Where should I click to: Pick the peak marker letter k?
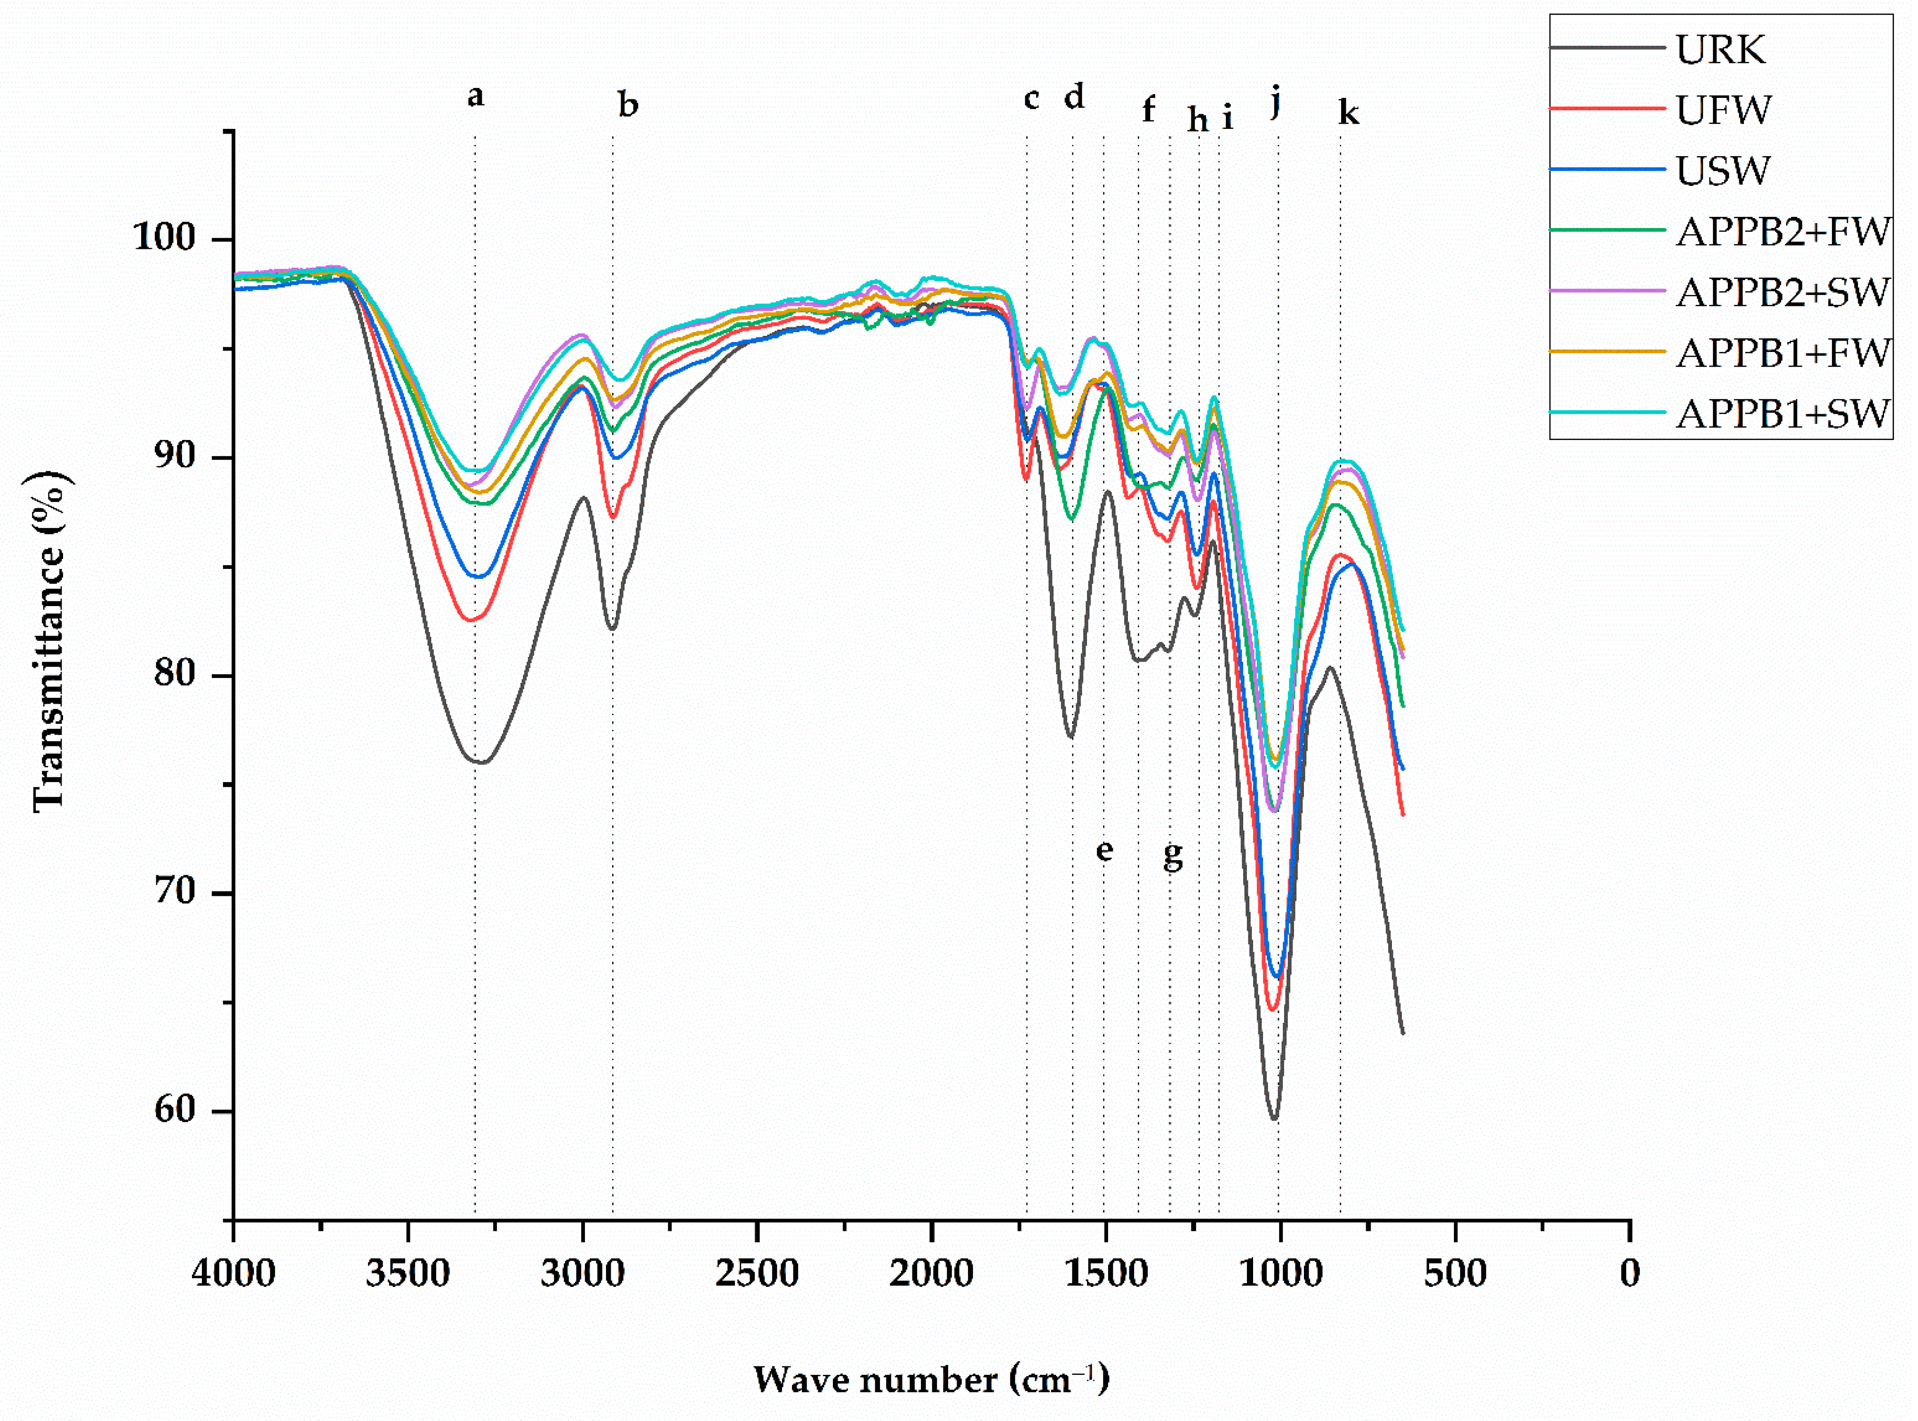pyautogui.click(x=1348, y=112)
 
